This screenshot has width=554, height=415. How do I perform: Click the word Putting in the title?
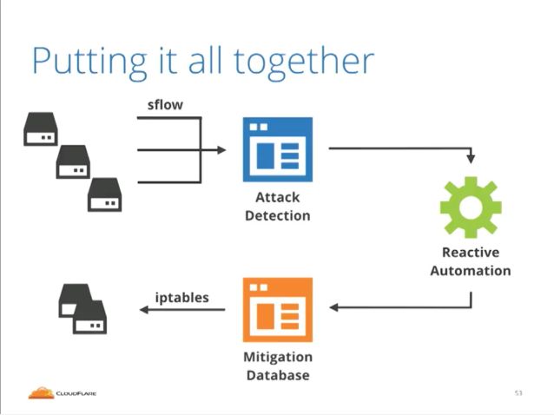tap(89, 63)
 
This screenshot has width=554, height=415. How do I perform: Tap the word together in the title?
tap(304, 63)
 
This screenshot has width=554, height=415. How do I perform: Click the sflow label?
tap(165, 104)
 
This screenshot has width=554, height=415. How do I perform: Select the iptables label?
tap(182, 298)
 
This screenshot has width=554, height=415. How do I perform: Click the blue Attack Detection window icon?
tap(278, 149)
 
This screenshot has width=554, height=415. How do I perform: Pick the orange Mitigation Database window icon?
tap(278, 310)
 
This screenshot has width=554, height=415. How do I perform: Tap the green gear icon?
tap(471, 207)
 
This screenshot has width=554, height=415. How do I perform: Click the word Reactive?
tap(471, 252)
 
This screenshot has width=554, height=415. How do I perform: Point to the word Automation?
tap(471, 271)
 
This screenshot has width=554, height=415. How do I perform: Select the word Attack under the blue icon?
tap(278, 197)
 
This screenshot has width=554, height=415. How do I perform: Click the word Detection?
tap(278, 215)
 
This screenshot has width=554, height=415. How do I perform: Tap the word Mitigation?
tap(278, 357)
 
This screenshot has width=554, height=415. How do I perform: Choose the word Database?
tap(278, 375)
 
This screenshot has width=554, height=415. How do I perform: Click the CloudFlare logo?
tap(63, 392)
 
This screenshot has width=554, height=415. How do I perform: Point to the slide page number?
tap(518, 392)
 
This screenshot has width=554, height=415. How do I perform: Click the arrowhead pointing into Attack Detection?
tap(221, 150)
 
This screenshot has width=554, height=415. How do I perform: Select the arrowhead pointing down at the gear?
tap(471, 159)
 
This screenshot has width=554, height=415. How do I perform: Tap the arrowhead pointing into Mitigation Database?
tap(334, 307)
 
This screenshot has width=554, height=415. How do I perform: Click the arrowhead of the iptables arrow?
tap(144, 310)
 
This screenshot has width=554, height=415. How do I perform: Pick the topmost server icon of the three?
tap(41, 129)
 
